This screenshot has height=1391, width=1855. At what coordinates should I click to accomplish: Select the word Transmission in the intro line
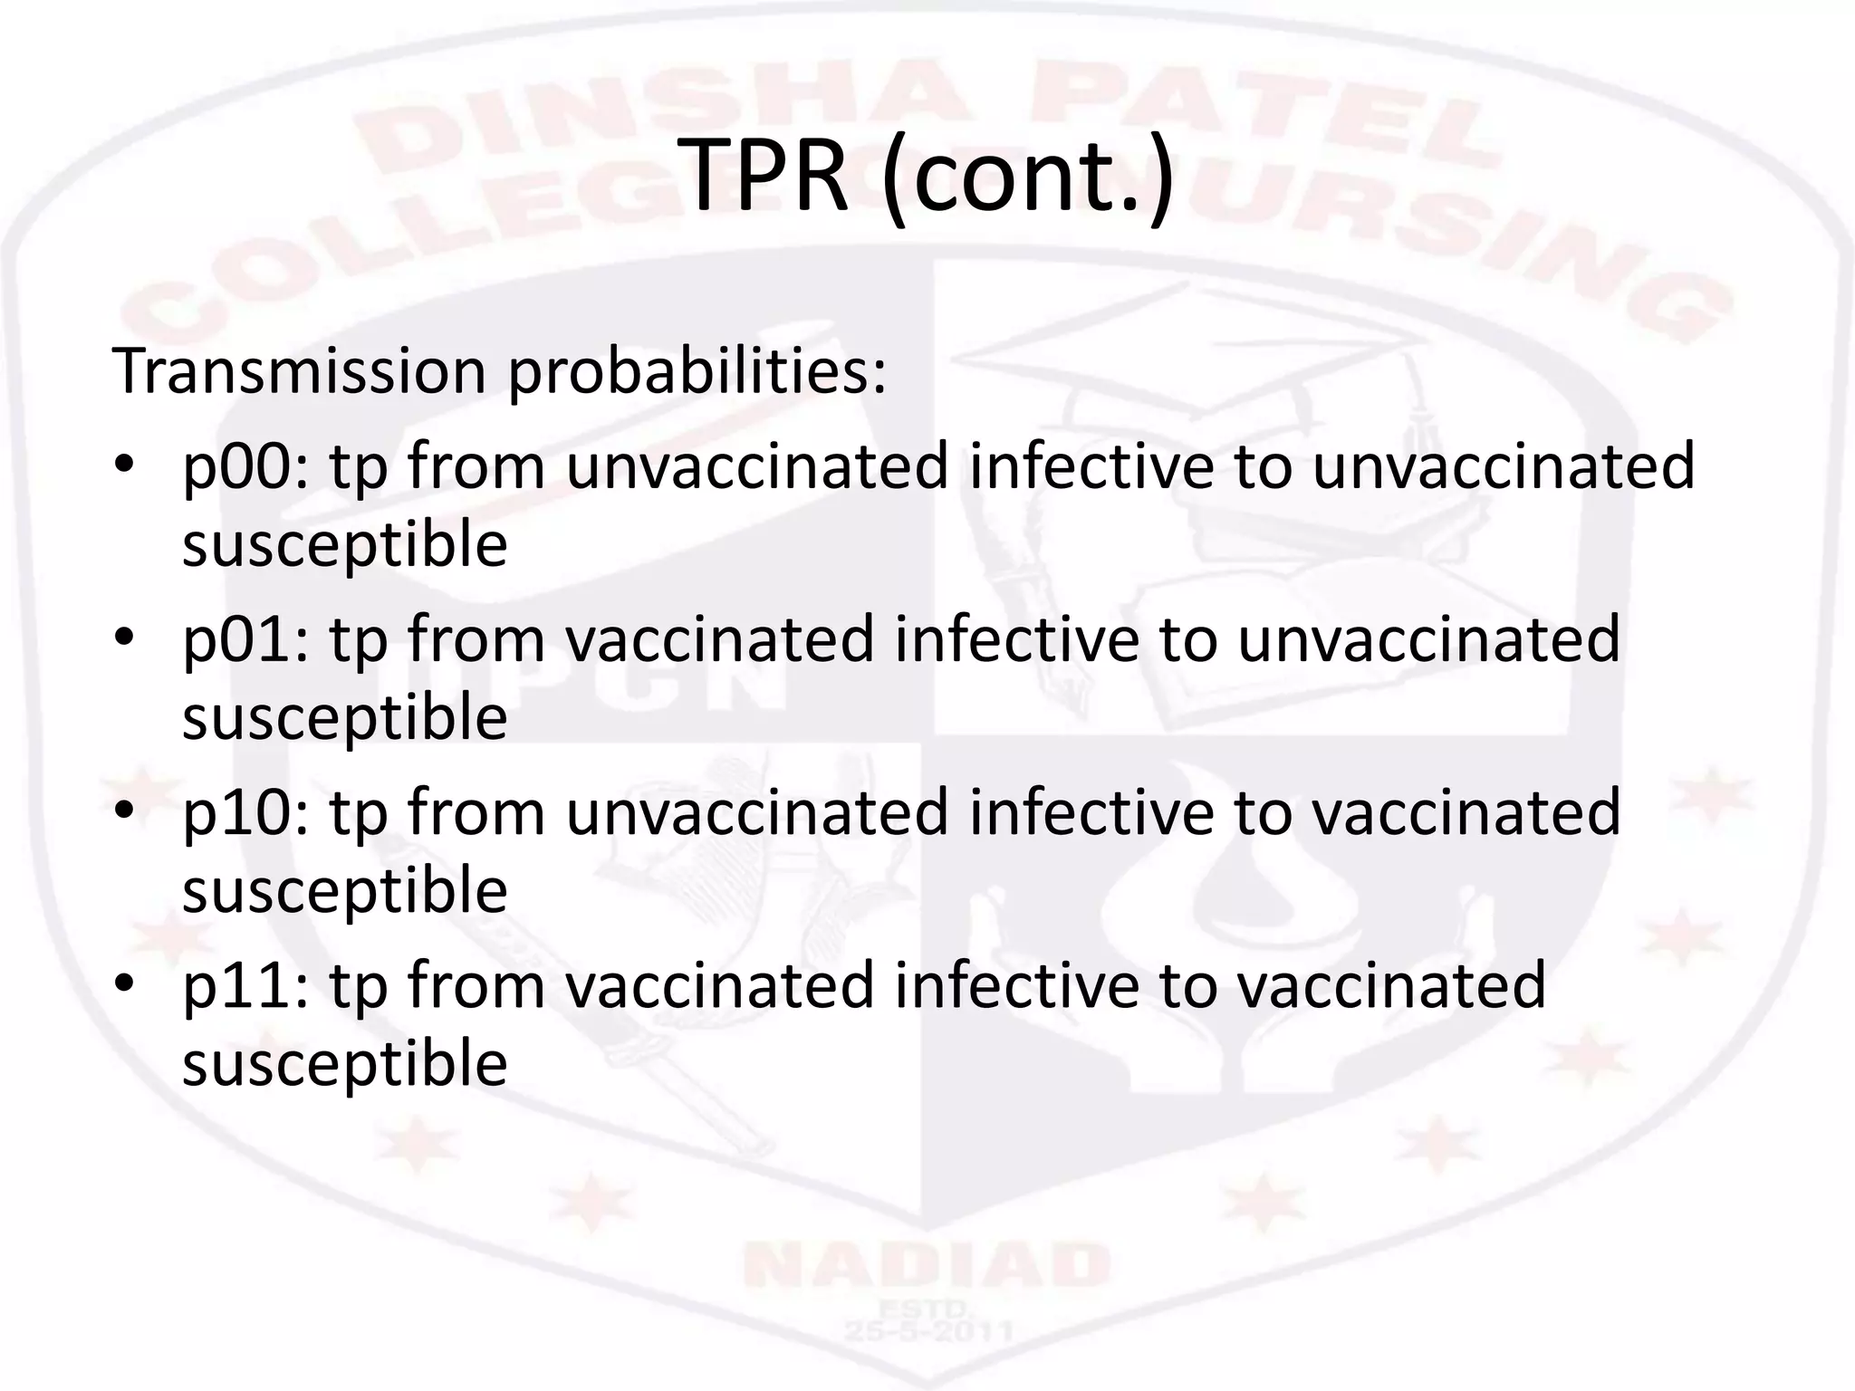click(x=299, y=370)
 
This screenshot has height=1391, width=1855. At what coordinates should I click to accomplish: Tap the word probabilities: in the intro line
click(x=697, y=372)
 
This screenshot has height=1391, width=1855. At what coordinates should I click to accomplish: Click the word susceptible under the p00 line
click(x=344, y=546)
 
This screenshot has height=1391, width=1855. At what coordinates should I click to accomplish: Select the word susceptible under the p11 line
click(x=344, y=1065)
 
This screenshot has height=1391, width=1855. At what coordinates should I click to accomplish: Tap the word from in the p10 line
click(x=476, y=811)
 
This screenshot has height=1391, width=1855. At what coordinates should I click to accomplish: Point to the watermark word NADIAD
click(x=926, y=1266)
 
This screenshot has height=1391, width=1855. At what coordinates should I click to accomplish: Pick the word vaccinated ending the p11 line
click(x=1391, y=985)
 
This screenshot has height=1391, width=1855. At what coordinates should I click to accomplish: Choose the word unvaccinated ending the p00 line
click(x=1504, y=467)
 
